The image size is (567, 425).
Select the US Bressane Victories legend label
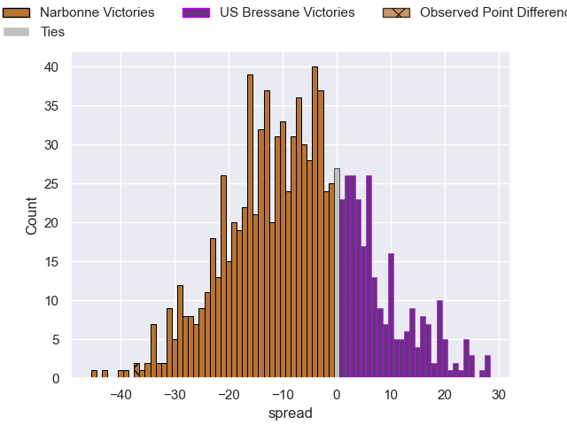pyautogui.click(x=287, y=13)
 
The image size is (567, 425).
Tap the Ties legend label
pyautogui.click(x=53, y=32)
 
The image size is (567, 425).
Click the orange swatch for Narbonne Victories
pyautogui.click(x=19, y=13)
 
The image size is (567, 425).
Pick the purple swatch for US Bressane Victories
pyautogui.click(x=196, y=13)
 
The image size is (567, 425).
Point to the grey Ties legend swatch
pyautogui.click(x=19, y=32)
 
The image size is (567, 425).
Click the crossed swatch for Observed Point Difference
pyautogui.click(x=397, y=13)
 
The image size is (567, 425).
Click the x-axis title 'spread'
pyautogui.click(x=291, y=413)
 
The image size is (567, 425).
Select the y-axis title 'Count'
pyautogui.click(x=32, y=215)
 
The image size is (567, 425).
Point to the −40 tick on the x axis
pyautogui.click(x=120, y=395)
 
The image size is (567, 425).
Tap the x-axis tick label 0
pyautogui.click(x=337, y=395)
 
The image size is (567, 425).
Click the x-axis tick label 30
pyautogui.click(x=498, y=395)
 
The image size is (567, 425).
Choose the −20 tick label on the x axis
pyautogui.click(x=229, y=395)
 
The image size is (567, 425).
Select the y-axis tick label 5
pyautogui.click(x=55, y=340)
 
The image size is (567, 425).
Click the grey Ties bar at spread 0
pyautogui.click(x=337, y=274)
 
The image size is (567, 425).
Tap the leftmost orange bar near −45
pyautogui.click(x=94, y=375)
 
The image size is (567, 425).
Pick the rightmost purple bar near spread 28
pyautogui.click(x=487, y=367)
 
